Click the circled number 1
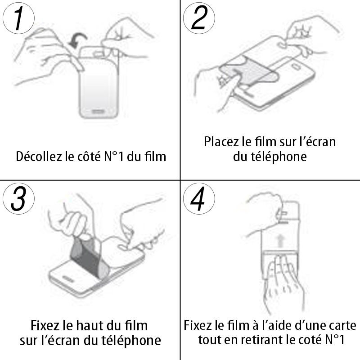click(x=18, y=18)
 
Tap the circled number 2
click(x=199, y=18)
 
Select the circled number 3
click(x=18, y=199)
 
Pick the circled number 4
click(x=199, y=199)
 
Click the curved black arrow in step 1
click(x=78, y=40)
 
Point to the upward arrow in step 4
click(x=280, y=242)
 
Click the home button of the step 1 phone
click(x=99, y=112)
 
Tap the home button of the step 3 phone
click(x=67, y=279)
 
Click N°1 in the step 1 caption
click(x=114, y=157)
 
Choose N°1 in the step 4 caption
click(x=335, y=340)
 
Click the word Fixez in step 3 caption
click(x=45, y=325)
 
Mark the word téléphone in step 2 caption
click(x=279, y=157)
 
